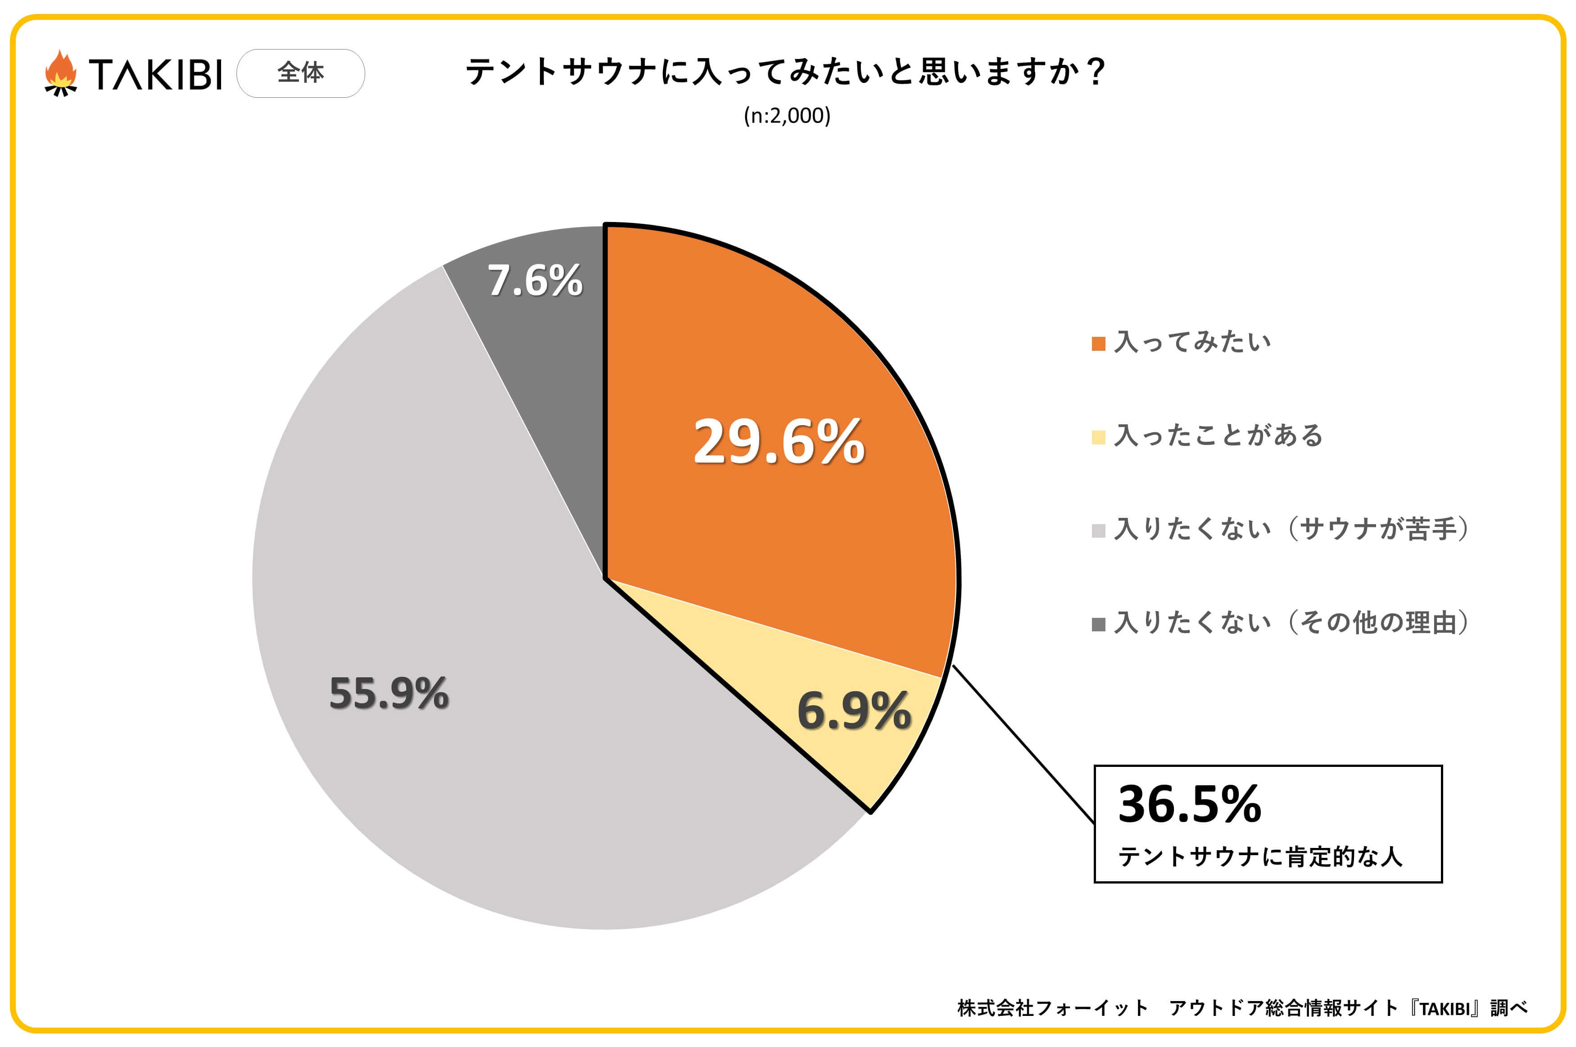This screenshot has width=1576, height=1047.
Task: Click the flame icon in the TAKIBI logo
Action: (61, 73)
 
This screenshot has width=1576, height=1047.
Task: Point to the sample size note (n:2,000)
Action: (787, 116)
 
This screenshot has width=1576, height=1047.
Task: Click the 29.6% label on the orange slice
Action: (779, 442)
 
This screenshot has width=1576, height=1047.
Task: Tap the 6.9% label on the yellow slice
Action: (854, 711)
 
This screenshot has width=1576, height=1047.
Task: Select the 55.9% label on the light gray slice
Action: (389, 693)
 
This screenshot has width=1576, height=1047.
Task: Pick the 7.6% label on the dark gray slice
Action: (534, 281)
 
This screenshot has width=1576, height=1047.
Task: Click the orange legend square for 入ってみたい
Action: (1098, 344)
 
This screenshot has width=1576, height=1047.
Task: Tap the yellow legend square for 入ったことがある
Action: (1098, 437)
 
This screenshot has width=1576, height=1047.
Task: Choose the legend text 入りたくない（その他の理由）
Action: (1291, 623)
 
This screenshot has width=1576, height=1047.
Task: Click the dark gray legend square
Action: (1098, 624)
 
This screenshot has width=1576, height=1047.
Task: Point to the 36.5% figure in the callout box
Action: (1190, 804)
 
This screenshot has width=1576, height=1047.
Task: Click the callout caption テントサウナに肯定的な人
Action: (1259, 857)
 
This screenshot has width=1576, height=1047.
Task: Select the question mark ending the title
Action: (1096, 72)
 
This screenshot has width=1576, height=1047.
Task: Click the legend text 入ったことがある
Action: (1218, 436)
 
